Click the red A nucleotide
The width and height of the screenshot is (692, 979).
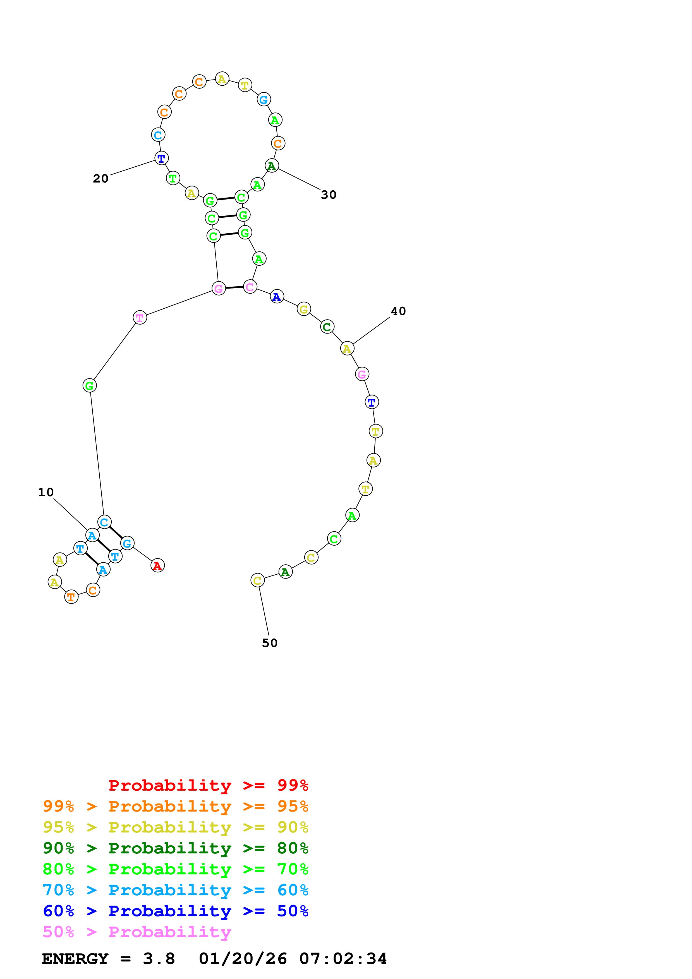pos(157,565)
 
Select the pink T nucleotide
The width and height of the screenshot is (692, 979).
pos(140,318)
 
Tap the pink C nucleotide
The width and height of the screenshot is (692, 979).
pos(250,287)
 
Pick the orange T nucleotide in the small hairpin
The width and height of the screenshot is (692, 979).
pos(71,597)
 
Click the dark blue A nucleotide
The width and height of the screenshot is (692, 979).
pos(277,296)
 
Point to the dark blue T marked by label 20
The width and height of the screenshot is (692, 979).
pos(161,159)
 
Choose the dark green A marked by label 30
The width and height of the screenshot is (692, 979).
pos(272,166)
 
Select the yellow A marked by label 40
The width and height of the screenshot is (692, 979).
pos(347,348)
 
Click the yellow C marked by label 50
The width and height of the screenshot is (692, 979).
pos(257,580)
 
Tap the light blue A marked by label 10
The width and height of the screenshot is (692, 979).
pos(92,535)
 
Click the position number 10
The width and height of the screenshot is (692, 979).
pos(46,493)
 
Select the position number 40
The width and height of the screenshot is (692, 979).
pos(398,311)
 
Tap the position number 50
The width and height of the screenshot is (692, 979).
pos(269,643)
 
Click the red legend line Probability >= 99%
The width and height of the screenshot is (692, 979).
pos(208,785)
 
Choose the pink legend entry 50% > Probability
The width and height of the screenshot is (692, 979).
pos(137,932)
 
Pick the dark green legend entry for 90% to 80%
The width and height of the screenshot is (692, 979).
pos(175,848)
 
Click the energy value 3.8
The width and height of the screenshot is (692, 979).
pos(159,959)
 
